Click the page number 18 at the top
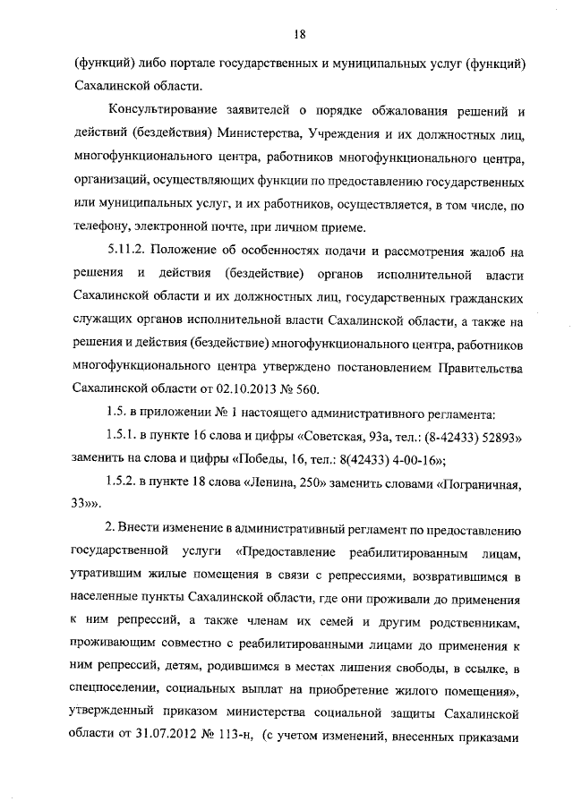[x=299, y=35]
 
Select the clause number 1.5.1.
[x=124, y=436]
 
